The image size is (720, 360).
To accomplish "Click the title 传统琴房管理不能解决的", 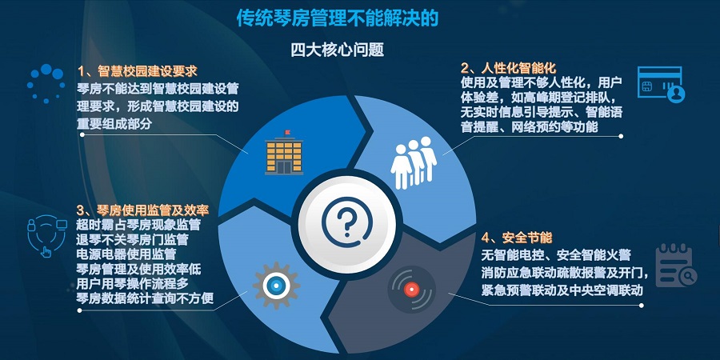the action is [338, 18].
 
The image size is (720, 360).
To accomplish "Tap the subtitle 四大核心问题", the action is [338, 50].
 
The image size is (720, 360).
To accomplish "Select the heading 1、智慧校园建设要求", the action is [138, 72].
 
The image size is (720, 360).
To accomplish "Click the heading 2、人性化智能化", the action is [509, 69].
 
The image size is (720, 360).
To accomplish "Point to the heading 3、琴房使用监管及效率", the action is [143, 210].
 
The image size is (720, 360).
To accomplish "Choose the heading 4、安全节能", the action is [517, 238].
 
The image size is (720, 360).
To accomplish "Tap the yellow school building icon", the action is [284, 153].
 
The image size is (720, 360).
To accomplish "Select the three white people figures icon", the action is [414, 162].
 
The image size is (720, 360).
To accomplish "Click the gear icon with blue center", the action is [276, 286].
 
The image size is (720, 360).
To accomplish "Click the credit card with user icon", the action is [662, 85].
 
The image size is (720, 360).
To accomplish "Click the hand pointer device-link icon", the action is [47, 235].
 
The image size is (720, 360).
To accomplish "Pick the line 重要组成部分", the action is [114, 125].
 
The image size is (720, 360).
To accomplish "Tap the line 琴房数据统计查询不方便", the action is [145, 298].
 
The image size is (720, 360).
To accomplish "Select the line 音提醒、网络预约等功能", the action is [530, 126].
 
